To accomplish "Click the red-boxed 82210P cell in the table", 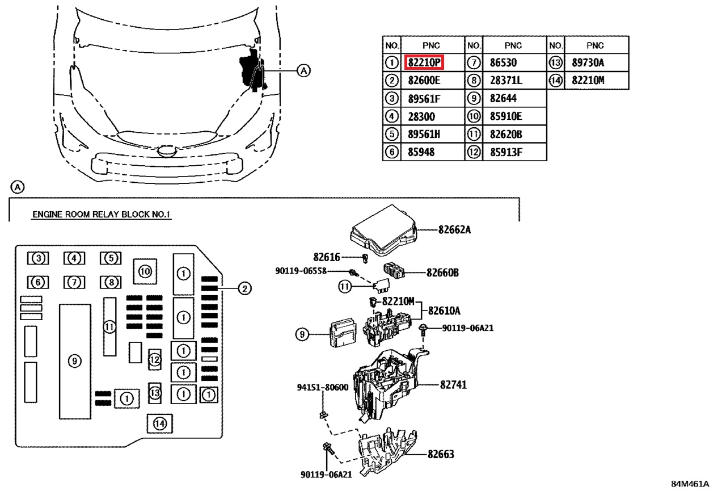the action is click(x=424, y=62).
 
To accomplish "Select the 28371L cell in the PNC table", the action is click(x=506, y=80).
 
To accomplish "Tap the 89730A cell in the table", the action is click(x=588, y=62).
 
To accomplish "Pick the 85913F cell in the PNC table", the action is click(x=506, y=152).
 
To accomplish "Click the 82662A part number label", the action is click(x=454, y=230).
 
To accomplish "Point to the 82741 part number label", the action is click(x=453, y=384).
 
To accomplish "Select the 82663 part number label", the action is click(x=441, y=454).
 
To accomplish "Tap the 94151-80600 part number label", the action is click(x=323, y=387).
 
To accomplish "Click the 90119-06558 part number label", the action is click(x=301, y=271).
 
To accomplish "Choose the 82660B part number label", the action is click(x=442, y=272).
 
